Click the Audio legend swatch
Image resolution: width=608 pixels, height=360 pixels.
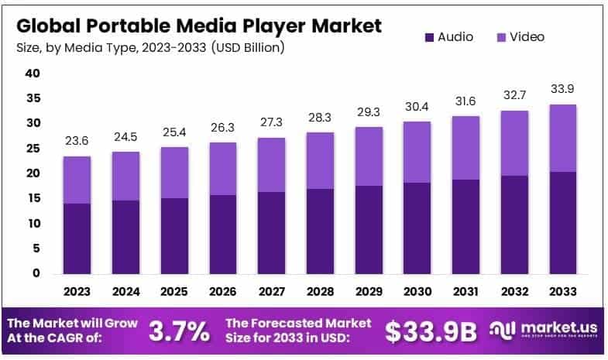(430, 36)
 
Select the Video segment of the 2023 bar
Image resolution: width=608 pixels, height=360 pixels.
(77, 180)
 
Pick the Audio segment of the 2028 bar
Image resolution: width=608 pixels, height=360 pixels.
(321, 231)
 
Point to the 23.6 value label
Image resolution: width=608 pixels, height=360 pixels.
(77, 141)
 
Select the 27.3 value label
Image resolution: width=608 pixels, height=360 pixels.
(272, 122)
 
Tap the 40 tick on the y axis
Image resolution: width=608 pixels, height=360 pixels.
(32, 74)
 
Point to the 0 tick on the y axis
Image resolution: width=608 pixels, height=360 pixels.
(36, 273)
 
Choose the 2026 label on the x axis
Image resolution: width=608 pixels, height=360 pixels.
(223, 292)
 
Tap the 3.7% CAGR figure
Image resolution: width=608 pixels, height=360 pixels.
(179, 331)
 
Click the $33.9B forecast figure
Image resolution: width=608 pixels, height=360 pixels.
(431, 331)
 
